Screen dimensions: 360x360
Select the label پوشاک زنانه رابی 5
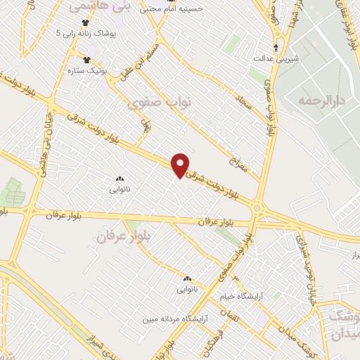point(86,33)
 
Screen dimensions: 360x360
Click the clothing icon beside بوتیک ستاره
point(87,60)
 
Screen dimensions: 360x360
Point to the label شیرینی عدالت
point(276,58)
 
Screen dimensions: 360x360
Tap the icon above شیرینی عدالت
point(276,48)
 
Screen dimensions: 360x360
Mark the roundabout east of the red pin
point(259,208)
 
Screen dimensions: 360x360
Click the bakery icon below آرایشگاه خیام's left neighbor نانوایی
point(187,279)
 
